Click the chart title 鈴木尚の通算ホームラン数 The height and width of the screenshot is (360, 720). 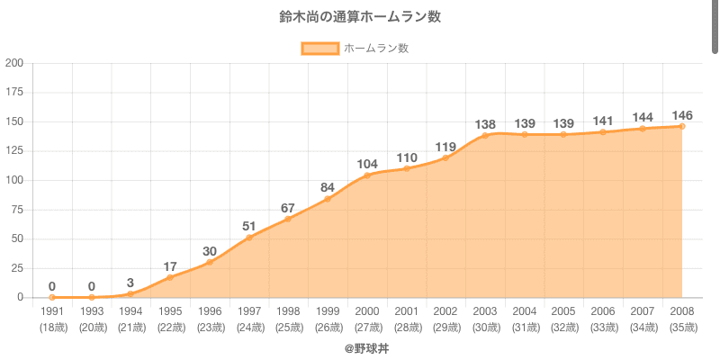point(360,17)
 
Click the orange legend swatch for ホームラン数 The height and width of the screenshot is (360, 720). point(319,49)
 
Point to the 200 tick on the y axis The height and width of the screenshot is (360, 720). point(14,63)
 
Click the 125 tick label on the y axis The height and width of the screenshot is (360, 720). point(14,151)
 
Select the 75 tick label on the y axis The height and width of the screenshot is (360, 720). point(18,210)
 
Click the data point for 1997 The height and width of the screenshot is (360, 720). point(249,238)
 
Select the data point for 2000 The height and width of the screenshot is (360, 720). point(367,175)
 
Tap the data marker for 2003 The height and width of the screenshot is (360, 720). point(485,135)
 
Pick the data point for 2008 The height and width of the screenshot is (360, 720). point(681,126)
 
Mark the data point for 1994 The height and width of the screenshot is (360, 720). point(131,293)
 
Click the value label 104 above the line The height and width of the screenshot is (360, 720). point(367,164)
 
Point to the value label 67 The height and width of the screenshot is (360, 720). point(288,208)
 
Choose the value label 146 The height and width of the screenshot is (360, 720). point(681,115)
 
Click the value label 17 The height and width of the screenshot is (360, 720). point(170,266)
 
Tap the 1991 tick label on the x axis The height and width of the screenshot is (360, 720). point(52,310)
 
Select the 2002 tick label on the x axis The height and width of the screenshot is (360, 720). point(445,310)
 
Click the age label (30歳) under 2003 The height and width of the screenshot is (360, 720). point(485,327)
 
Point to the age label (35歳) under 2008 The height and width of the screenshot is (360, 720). point(681,327)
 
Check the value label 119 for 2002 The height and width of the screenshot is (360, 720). point(445,147)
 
